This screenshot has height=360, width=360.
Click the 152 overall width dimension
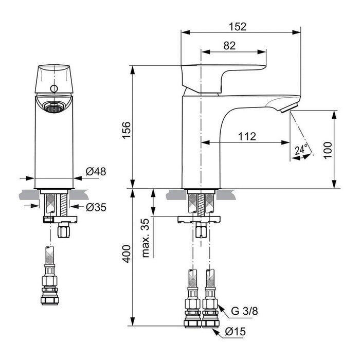point(238,27)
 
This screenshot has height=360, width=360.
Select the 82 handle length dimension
point(229,46)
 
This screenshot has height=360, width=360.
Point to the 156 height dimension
point(127,130)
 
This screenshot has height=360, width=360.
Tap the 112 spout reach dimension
point(247,137)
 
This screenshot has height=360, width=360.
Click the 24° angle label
point(301,150)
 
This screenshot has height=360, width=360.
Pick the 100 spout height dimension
point(328,150)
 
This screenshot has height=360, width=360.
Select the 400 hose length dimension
point(127,254)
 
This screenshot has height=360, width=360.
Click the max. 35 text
point(146,238)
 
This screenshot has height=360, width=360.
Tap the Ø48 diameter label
point(96,171)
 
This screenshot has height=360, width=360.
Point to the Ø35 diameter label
point(96,207)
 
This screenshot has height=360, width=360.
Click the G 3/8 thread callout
point(244,311)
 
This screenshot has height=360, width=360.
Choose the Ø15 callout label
point(236,332)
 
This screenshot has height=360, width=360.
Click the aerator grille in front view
point(54,107)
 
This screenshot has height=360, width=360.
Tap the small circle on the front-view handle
point(54,88)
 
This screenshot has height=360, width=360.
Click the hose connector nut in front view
point(49,300)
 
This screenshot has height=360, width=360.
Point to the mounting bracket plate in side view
point(199,220)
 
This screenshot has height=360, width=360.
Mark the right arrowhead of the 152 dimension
point(297,32)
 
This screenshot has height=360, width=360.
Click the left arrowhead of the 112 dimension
point(206,142)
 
